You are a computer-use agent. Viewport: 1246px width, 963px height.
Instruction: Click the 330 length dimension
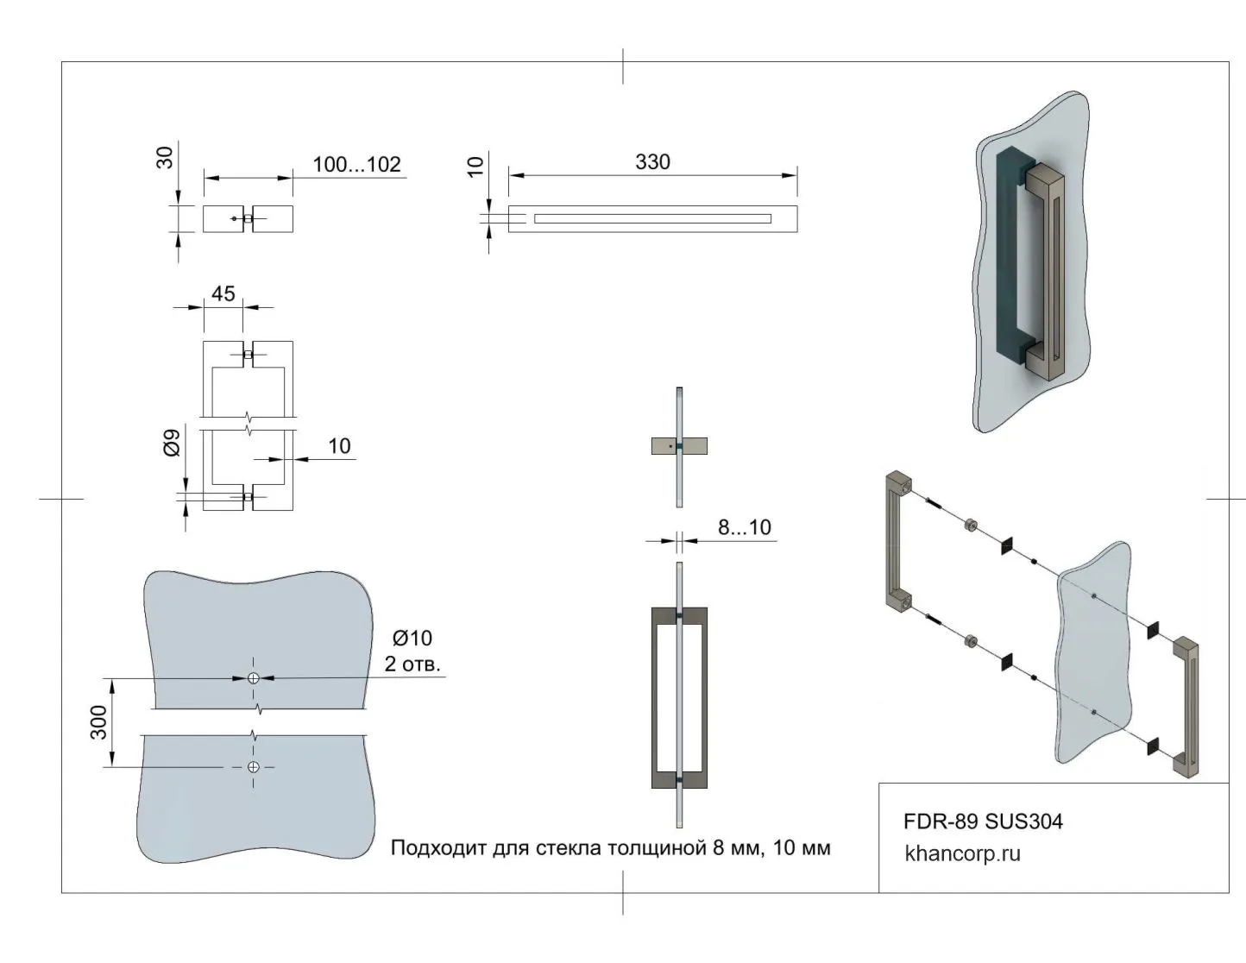coord(652,162)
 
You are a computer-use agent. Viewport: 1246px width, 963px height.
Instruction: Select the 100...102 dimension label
coord(356,165)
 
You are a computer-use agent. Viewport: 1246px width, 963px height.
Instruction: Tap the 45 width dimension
coord(223,294)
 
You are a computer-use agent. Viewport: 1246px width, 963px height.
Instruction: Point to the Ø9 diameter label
coord(173,443)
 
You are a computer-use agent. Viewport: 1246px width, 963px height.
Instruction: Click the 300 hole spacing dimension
coord(99,722)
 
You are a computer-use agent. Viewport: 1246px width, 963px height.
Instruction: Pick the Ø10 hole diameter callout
coord(412,639)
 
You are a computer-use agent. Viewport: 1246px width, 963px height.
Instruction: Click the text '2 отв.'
coord(412,664)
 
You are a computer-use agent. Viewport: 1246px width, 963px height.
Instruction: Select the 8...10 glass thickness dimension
coord(744,527)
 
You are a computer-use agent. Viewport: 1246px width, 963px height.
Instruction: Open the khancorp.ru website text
coord(962,854)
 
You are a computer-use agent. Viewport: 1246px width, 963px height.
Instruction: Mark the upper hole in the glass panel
coord(254,678)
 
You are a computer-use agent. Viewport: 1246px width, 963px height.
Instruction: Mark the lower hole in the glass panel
coord(254,767)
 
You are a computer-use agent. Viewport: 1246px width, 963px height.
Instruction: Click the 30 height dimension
coord(165,157)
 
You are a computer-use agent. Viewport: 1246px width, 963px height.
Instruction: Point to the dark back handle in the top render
coord(1006,259)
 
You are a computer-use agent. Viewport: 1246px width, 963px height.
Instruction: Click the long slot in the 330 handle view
coord(652,218)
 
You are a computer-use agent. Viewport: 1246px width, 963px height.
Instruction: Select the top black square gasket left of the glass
coord(1006,547)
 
